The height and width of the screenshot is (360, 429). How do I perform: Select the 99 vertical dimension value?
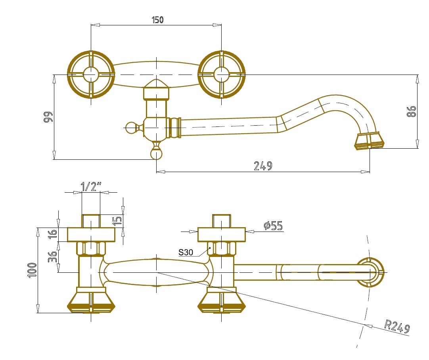[48, 118]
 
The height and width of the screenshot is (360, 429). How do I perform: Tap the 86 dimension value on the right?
[411, 111]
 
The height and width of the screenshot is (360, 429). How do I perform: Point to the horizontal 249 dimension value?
[263, 166]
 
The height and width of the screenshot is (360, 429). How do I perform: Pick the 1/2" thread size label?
[91, 186]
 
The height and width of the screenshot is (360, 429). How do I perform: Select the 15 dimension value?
[117, 220]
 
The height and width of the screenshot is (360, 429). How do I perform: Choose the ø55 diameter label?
[273, 226]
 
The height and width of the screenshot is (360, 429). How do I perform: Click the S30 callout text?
[186, 252]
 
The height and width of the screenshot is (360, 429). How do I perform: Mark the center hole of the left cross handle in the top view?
[91, 75]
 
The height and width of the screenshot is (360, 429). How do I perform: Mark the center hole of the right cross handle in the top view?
[221, 75]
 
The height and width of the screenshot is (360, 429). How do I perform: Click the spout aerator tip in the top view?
[370, 142]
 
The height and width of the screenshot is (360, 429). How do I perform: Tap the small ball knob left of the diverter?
[130, 127]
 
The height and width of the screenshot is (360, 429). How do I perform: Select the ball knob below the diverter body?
[157, 153]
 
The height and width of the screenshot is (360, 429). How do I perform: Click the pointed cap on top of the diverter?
[157, 84]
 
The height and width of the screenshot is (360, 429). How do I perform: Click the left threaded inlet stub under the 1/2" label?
[91, 220]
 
